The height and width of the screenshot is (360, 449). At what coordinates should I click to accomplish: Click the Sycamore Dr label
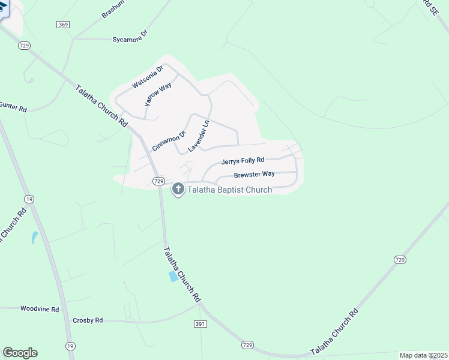tap(130, 39)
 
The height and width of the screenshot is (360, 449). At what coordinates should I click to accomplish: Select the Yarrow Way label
tap(158, 94)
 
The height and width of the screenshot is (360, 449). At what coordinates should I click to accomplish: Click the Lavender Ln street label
tap(198, 136)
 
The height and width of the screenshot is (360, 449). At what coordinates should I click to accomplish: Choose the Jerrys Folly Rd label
tap(243, 161)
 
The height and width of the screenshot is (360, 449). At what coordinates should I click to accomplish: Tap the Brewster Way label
tap(254, 174)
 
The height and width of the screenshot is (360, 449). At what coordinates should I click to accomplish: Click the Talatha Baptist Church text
tap(230, 190)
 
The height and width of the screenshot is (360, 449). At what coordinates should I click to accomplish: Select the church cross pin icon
tap(178, 190)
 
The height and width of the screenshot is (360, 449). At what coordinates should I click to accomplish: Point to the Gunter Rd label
tap(13, 109)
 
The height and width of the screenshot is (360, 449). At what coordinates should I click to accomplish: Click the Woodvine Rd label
tap(40, 309)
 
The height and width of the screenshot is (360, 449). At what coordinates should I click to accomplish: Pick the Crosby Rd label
tap(88, 320)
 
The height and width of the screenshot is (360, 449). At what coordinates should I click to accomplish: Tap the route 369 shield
tap(64, 25)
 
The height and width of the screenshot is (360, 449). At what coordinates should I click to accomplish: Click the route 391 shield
tap(200, 323)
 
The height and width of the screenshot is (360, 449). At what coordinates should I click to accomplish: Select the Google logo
tap(20, 353)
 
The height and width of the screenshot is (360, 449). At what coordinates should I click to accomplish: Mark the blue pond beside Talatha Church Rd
tap(173, 277)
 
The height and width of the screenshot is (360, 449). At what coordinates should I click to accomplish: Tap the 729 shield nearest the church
tap(158, 181)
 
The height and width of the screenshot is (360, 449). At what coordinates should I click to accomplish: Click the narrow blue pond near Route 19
tap(35, 237)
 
